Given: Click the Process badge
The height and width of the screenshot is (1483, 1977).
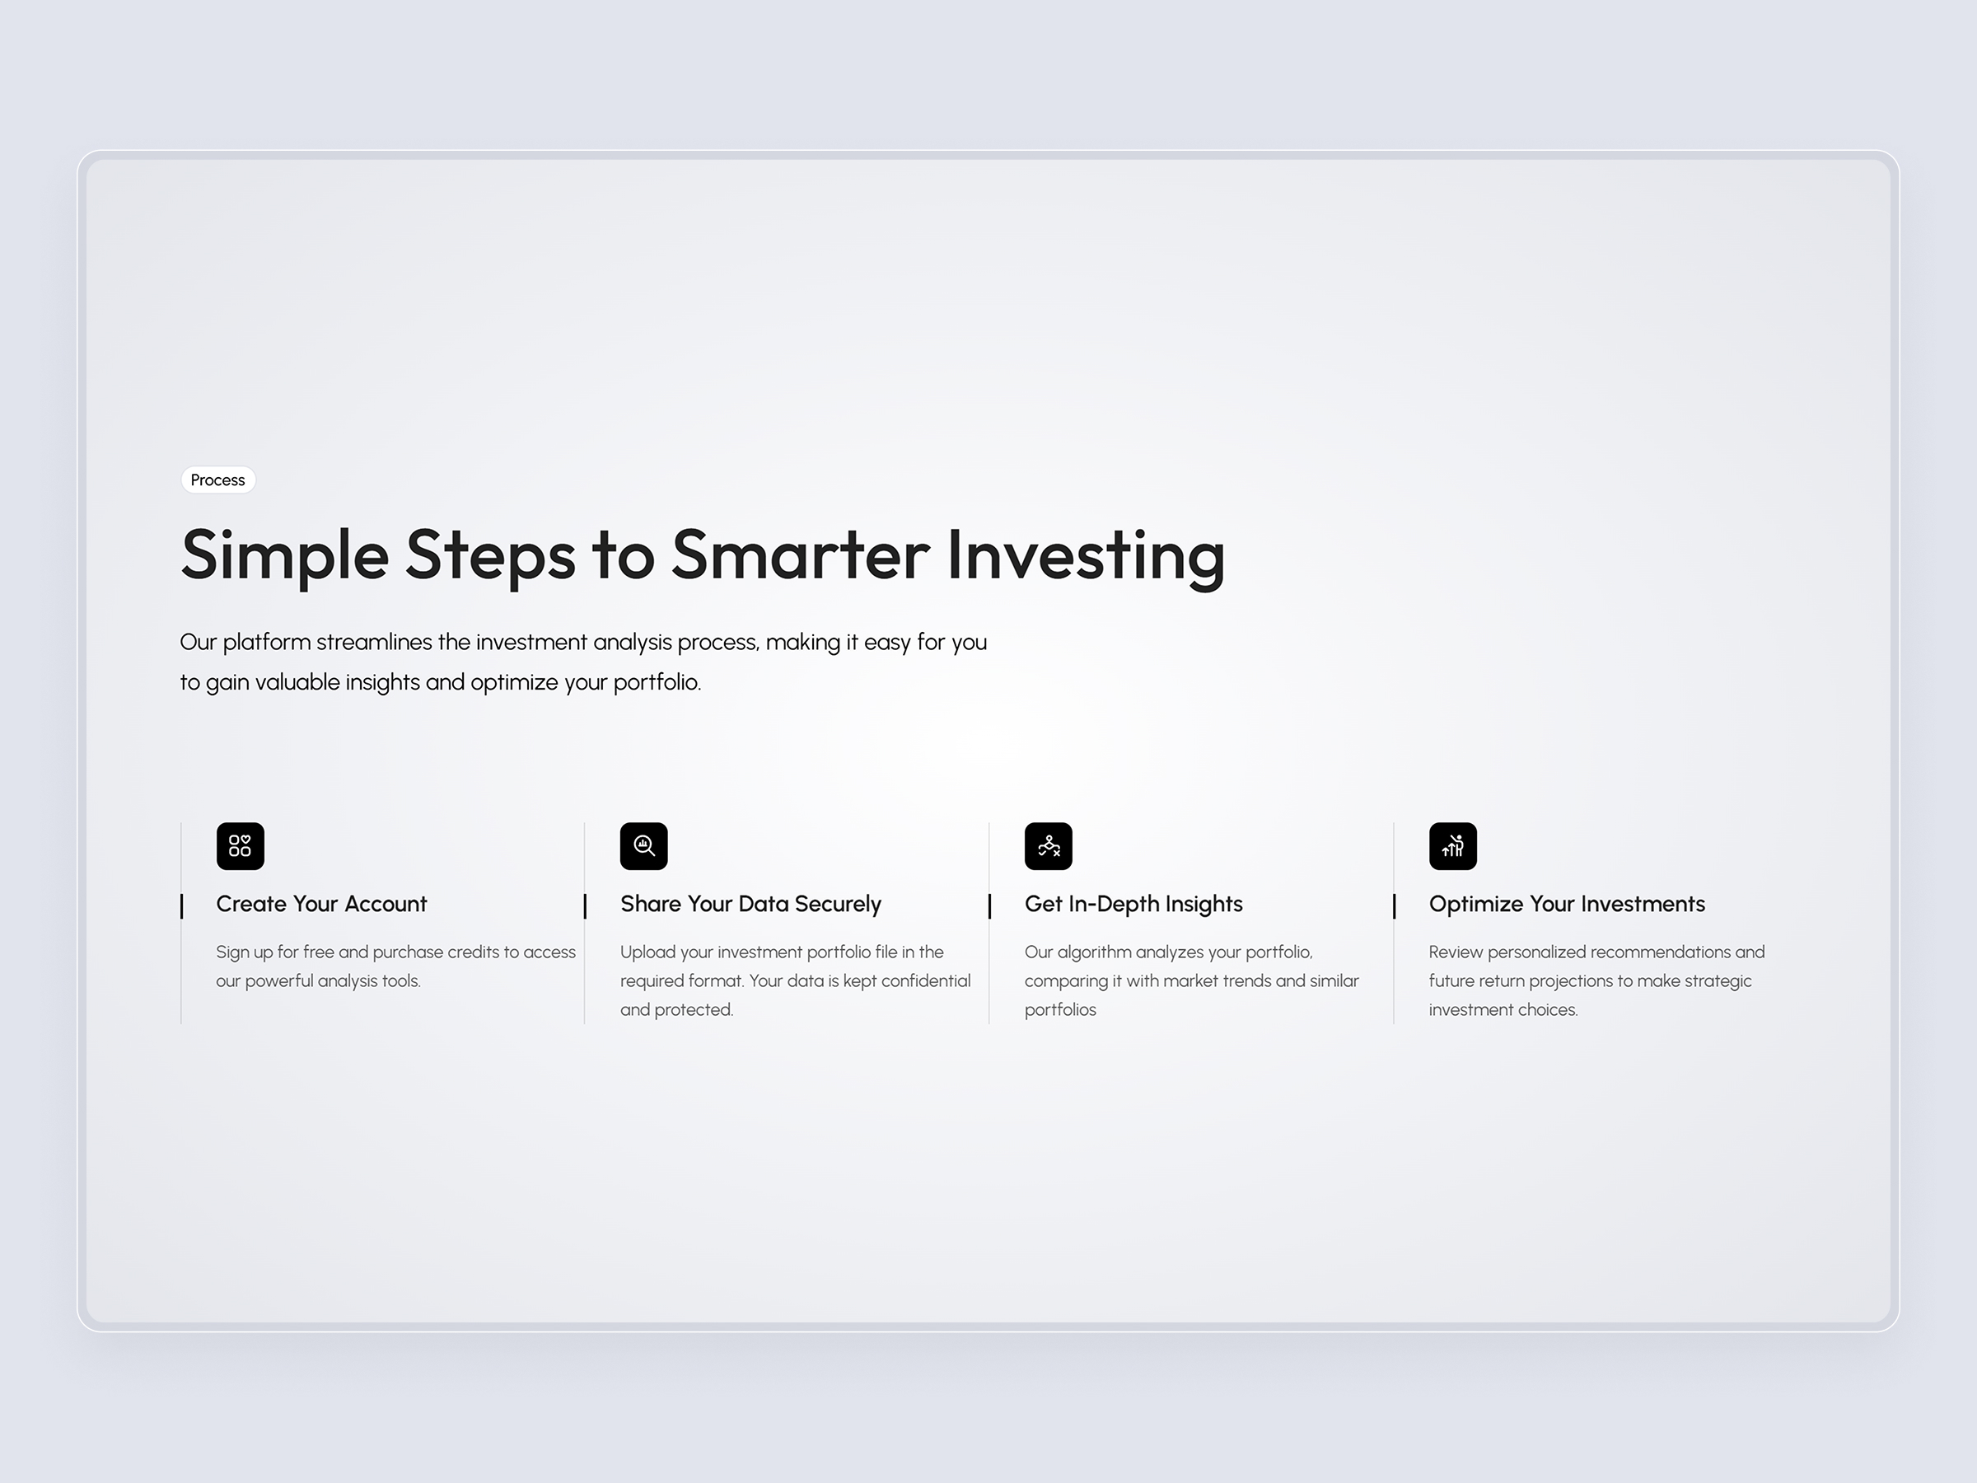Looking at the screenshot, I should (x=218, y=480).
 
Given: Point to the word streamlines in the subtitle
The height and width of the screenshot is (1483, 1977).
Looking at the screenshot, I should (x=374, y=642).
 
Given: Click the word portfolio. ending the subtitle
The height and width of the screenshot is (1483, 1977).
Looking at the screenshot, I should (x=656, y=682).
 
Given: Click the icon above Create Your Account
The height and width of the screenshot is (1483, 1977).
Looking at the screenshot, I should (x=241, y=845).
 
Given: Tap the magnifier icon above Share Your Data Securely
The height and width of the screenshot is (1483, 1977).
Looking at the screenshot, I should (x=644, y=845).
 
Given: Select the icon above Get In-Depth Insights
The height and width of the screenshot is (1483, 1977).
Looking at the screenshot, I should (x=1049, y=845).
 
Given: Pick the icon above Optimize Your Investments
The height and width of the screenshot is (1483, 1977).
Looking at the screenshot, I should (x=1452, y=845).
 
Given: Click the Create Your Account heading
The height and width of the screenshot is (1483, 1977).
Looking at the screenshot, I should (x=322, y=904).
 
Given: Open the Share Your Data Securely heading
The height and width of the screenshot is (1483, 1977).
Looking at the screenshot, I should (x=750, y=904).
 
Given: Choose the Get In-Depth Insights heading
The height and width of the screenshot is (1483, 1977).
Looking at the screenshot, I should (x=1133, y=904).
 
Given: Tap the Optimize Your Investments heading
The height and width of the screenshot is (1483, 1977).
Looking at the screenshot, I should (x=1567, y=904).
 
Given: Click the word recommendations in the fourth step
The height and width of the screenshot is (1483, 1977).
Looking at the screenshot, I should (x=1643, y=952).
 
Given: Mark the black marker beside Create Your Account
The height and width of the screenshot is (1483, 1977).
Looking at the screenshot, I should (x=181, y=905).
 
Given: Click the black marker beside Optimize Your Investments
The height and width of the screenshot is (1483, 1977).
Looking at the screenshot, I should (x=1395, y=905).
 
